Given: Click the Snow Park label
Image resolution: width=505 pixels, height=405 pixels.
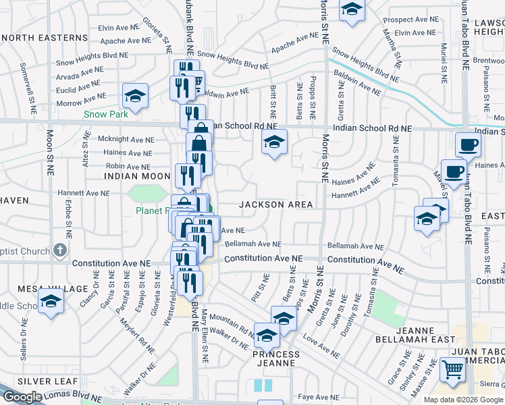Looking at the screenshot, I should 106,114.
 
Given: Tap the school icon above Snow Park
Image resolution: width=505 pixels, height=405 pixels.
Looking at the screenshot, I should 135,97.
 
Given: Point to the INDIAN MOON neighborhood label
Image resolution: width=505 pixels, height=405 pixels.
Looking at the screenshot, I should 137,175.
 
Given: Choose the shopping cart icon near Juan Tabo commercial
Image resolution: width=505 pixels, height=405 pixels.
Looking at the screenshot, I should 452,369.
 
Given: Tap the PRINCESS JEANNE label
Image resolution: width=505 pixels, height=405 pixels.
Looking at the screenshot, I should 276,358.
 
